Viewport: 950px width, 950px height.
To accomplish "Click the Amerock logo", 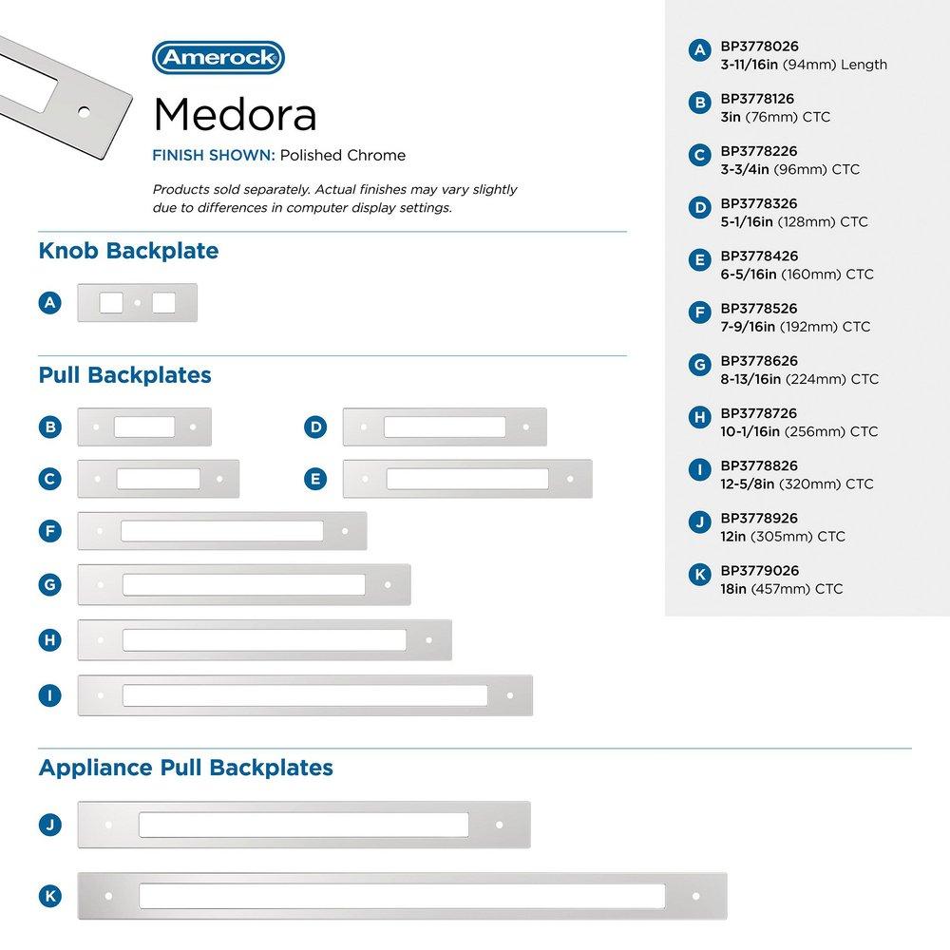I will pyautogui.click(x=218, y=57).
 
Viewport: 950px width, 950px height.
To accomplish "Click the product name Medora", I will pyautogui.click(x=235, y=114).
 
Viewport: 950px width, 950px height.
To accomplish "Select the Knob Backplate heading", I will pyautogui.click(x=128, y=252).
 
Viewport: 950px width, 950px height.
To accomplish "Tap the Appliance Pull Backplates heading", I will pyautogui.click(x=185, y=767).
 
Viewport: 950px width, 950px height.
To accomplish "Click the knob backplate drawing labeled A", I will pyautogui.click(x=137, y=303).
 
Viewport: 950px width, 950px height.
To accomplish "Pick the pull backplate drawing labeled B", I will pyautogui.click(x=144, y=427).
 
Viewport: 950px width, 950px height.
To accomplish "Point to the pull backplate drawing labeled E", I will pyautogui.click(x=466, y=479).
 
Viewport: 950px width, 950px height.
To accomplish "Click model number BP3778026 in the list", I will pyautogui.click(x=758, y=46).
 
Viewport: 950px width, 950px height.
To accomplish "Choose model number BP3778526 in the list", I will pyautogui.click(x=758, y=309).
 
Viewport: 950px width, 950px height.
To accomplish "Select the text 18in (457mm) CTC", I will pyautogui.click(x=782, y=589).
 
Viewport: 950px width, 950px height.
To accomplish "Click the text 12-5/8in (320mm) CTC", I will pyautogui.click(x=796, y=484).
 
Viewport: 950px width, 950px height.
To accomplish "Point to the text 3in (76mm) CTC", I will pyautogui.click(x=775, y=117).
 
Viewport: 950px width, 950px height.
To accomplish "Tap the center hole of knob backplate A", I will pyautogui.click(x=138, y=303).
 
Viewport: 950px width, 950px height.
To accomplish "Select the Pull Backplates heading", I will pyautogui.click(x=124, y=375).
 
